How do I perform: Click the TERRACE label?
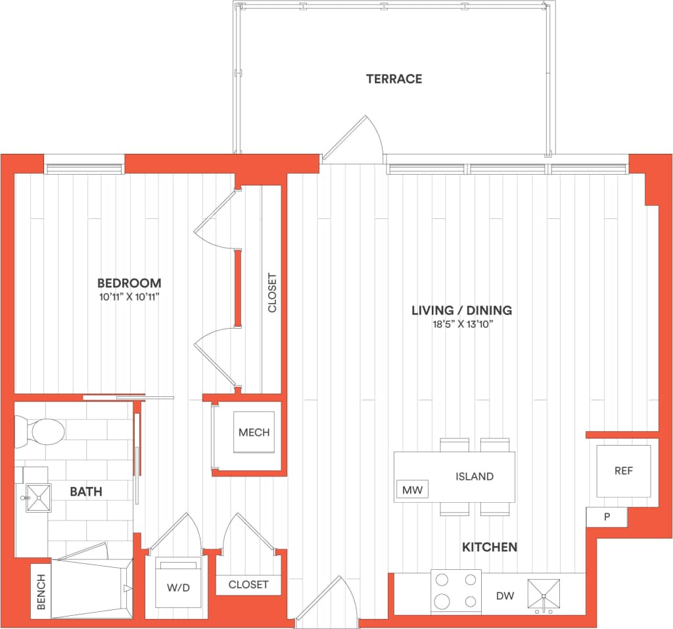pos(394,79)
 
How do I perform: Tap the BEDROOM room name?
pos(129,283)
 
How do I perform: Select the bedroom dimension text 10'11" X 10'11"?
pos(129,297)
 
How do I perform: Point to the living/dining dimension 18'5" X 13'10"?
pos(461,324)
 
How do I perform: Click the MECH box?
pos(254,432)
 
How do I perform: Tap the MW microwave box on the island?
pos(411,490)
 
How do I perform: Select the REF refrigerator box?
pos(623,471)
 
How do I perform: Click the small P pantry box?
pos(607,517)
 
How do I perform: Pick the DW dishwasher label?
pos(505,596)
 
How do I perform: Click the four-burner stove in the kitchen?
pos(455,591)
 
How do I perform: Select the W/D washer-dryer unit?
pos(177,582)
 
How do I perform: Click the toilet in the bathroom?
pos(41,431)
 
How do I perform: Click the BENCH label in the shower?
pos(41,591)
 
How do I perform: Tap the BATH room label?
pos(86,491)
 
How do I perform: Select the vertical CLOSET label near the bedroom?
pos(272,292)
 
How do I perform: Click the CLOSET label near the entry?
pos(248,584)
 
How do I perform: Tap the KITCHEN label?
pos(490,547)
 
